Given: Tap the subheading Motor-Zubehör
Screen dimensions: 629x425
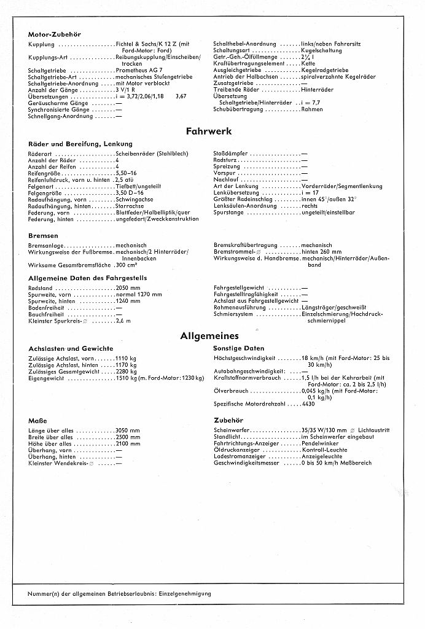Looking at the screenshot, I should point(55,34).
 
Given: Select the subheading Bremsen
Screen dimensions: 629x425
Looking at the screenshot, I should point(43,235).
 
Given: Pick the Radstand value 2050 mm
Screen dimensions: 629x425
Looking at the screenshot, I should point(128,287).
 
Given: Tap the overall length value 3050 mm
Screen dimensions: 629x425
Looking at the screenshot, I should point(128,430).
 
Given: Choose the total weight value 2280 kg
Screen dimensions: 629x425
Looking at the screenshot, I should point(126,372).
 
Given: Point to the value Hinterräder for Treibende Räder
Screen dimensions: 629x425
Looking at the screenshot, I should point(317,90).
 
